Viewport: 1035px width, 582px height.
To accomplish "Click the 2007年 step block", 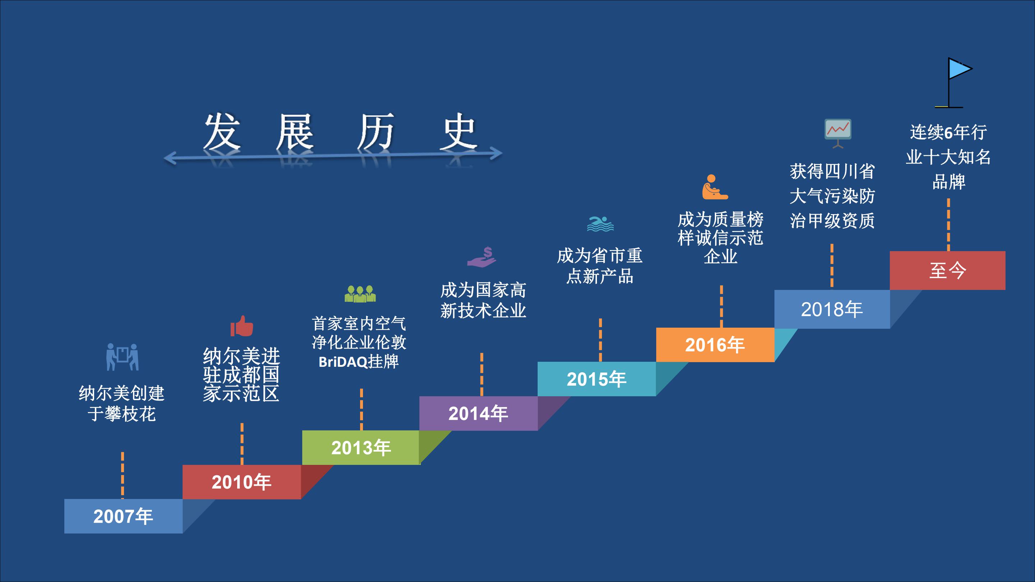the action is pyautogui.click(x=123, y=516).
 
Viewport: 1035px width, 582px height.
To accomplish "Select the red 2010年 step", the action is pyautogui.click(x=241, y=482).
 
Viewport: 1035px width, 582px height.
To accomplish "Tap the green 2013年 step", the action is pyautogui.click(x=360, y=447).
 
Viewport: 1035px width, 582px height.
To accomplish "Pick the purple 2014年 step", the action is pyautogui.click(x=478, y=413).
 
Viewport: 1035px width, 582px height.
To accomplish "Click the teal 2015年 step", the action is pyautogui.click(x=597, y=379).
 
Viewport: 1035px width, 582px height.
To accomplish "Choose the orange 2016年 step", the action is pyautogui.click(x=715, y=345).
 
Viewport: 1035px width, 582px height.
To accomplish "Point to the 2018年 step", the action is pyautogui.click(x=832, y=309).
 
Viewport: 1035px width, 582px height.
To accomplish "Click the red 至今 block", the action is pyautogui.click(x=947, y=270).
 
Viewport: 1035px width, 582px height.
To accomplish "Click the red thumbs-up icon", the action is pyautogui.click(x=242, y=326).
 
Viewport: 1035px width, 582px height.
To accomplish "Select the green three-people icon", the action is pyautogui.click(x=360, y=294).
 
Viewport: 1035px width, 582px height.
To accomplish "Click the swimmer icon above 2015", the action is pyautogui.click(x=600, y=224).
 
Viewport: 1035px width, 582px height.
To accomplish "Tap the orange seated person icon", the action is pyautogui.click(x=715, y=187).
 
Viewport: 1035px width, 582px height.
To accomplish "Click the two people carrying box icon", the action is pyautogui.click(x=123, y=357).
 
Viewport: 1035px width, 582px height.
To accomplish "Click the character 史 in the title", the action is pyautogui.click(x=459, y=131).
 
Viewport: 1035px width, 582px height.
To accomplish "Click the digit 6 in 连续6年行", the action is pyautogui.click(x=948, y=132).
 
